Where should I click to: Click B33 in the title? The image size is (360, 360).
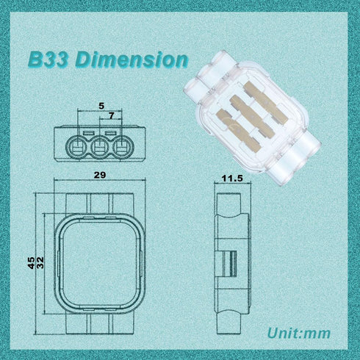tap(49, 60)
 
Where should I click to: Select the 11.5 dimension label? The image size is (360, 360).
tap(232, 179)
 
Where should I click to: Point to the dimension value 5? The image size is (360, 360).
tap(100, 104)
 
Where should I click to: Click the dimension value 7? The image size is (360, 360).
tap(111, 115)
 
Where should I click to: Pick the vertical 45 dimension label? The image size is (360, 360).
tap(31, 263)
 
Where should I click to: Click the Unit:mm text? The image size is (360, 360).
tap(298, 333)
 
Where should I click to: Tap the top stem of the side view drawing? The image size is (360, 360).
tap(231, 202)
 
